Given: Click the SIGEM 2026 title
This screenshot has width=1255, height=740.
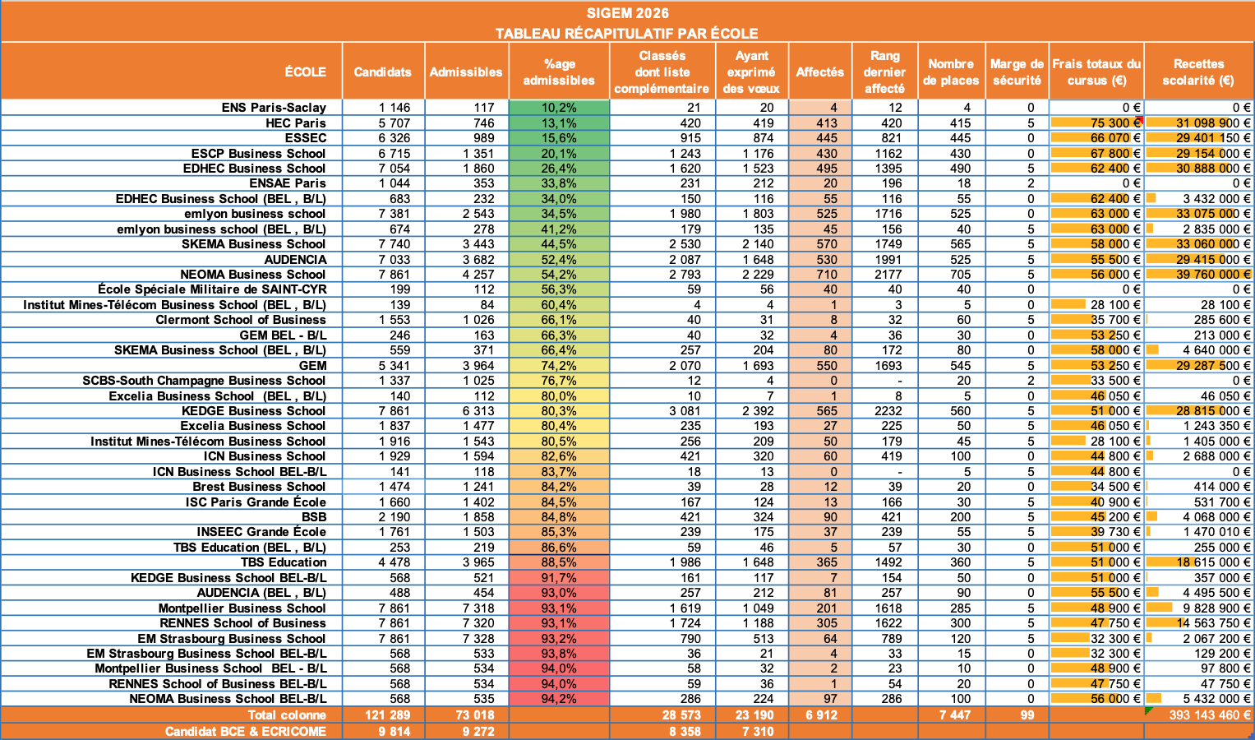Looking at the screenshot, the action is [x=628, y=13].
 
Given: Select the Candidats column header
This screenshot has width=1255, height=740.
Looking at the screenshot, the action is [x=383, y=72].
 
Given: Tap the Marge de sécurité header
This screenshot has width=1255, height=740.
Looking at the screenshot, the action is [x=1017, y=72].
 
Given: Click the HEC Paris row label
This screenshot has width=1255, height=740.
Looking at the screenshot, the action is [x=295, y=123].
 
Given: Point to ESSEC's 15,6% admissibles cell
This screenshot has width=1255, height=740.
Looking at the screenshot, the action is [x=559, y=138].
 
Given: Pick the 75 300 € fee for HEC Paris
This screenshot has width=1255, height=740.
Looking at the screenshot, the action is [x=1115, y=123].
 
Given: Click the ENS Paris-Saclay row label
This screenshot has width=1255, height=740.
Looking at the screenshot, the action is [x=274, y=107].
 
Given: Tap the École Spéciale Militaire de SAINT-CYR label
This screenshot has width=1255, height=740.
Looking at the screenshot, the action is [x=212, y=289].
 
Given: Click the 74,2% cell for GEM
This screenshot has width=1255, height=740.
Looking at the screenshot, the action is [x=559, y=366].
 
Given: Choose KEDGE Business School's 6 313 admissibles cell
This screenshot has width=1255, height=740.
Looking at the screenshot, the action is [x=478, y=411].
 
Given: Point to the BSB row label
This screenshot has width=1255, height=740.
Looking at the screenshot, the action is [x=314, y=517].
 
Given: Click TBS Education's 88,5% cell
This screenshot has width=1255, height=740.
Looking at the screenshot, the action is [x=559, y=562].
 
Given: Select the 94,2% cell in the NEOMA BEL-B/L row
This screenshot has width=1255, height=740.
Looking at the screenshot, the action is [x=559, y=699].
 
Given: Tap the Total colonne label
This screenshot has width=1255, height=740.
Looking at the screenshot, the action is [x=287, y=715].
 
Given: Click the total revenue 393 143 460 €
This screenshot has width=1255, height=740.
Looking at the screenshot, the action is [x=1210, y=715].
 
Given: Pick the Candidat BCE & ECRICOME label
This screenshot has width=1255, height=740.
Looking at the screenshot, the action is [x=246, y=732].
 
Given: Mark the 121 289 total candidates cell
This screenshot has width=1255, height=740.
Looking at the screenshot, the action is [x=387, y=715].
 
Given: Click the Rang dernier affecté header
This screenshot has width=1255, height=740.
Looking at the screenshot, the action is [x=884, y=72].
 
